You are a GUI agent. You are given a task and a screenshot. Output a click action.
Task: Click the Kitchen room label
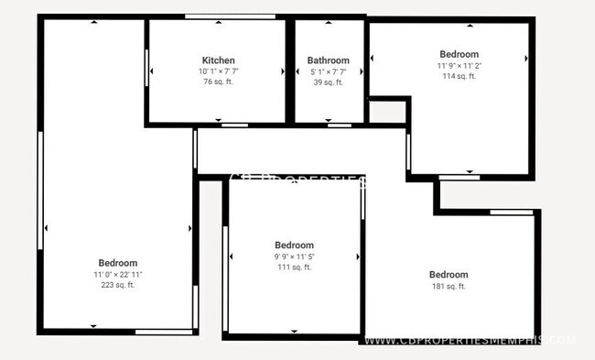coord(218,60)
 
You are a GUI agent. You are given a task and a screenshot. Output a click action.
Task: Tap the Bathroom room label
coord(328,60)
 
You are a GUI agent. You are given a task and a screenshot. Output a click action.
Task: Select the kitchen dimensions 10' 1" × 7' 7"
coord(218,71)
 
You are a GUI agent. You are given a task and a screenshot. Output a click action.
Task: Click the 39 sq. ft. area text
coord(328,82)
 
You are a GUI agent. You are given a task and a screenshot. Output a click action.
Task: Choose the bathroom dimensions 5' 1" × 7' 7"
coord(328,71)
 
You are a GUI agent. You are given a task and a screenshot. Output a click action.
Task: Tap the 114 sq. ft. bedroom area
coord(459,76)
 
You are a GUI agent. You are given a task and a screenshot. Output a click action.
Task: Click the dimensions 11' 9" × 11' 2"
coord(459,65)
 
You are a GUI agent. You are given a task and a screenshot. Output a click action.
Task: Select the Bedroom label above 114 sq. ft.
coord(459,54)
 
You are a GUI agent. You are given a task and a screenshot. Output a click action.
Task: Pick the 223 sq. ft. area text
coord(118,285)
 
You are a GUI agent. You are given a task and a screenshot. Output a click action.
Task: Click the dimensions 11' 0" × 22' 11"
coord(118,274)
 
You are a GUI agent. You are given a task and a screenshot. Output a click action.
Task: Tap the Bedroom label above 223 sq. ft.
coord(118,263)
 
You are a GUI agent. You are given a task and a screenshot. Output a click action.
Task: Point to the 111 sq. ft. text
coord(294,267)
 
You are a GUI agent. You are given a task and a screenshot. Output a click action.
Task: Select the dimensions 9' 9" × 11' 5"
coord(294,256)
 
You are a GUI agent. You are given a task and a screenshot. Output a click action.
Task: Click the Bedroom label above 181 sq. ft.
coord(449,275)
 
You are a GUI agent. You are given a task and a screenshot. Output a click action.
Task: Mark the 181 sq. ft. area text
coord(449,287)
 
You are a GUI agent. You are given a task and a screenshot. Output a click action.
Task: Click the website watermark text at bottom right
coord(471,340)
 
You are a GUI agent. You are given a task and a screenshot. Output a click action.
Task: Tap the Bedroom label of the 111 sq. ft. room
coord(294,245)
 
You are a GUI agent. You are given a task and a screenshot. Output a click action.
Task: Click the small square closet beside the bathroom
coord(386,112)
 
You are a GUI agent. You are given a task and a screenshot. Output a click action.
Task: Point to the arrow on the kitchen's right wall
coord(284,71)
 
